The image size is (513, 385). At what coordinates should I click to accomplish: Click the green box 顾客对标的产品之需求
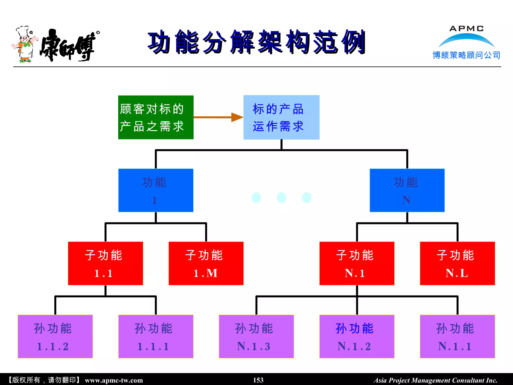pyautogui.click(x=156, y=117)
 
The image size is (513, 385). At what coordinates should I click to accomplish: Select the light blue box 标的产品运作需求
pyautogui.click(x=281, y=117)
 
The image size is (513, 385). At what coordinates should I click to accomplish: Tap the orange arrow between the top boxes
pyautogui.click(x=218, y=117)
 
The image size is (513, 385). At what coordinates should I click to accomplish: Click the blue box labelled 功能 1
pyautogui.click(x=156, y=190)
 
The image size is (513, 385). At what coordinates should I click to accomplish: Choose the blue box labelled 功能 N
pyautogui.click(x=407, y=190)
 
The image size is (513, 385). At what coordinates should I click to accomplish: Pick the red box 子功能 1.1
pyautogui.click(x=105, y=263)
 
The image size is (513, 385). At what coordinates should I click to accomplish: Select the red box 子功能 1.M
pyautogui.click(x=206, y=263)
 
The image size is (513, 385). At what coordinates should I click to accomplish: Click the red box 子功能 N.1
pyautogui.click(x=357, y=263)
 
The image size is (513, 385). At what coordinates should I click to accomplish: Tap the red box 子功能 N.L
pyautogui.click(x=457, y=263)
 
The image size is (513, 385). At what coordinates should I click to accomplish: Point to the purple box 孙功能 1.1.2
pyautogui.click(x=55, y=336)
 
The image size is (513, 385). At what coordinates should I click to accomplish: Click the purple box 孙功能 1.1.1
pyautogui.click(x=156, y=336)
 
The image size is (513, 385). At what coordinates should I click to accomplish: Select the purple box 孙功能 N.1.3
pyautogui.click(x=256, y=336)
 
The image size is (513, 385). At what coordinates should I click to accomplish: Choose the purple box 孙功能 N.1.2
pyautogui.click(x=357, y=336)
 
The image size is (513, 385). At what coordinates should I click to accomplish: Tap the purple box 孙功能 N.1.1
pyautogui.click(x=457, y=336)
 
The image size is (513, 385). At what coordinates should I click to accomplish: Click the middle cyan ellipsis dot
pyautogui.click(x=281, y=198)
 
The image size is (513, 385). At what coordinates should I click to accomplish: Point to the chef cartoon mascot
pyautogui.click(x=25, y=44)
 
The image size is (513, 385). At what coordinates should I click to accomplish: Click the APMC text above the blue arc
pyautogui.click(x=466, y=29)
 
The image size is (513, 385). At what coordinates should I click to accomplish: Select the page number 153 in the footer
pyautogui.click(x=258, y=380)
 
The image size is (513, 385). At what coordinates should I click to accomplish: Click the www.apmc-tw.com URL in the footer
pyautogui.click(x=114, y=380)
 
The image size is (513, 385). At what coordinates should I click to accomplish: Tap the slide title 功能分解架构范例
pyautogui.click(x=256, y=42)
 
